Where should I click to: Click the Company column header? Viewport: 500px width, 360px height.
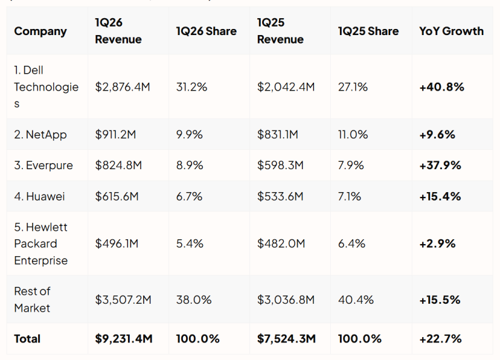[40, 31]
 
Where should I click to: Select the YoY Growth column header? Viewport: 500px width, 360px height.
[451, 31]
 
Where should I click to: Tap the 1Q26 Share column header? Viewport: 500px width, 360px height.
[207, 31]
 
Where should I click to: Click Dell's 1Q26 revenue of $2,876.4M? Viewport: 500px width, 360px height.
[123, 87]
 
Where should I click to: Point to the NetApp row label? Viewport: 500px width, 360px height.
[40, 135]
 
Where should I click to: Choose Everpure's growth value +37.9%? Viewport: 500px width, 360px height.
[440, 165]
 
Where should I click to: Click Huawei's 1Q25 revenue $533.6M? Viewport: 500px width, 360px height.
[280, 196]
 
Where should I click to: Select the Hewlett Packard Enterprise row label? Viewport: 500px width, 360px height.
[41, 243]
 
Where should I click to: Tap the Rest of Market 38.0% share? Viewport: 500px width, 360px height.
[194, 300]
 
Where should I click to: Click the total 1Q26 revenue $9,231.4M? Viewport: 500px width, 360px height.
[124, 339]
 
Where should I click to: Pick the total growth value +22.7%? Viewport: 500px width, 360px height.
[440, 339]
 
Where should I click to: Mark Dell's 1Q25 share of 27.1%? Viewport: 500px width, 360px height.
[353, 87]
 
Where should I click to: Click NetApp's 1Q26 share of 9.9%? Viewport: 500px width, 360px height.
[190, 135]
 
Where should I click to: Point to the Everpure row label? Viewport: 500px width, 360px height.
[43, 165]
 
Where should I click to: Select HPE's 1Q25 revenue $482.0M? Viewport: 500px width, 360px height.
[281, 243]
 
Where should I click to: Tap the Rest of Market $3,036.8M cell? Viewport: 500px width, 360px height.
[286, 300]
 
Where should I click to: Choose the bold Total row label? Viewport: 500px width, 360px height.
[27, 339]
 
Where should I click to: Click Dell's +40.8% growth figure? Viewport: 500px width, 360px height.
[441, 87]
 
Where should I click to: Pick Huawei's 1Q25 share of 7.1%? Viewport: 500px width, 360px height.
[350, 196]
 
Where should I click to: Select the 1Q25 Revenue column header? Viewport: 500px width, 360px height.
[280, 31]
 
